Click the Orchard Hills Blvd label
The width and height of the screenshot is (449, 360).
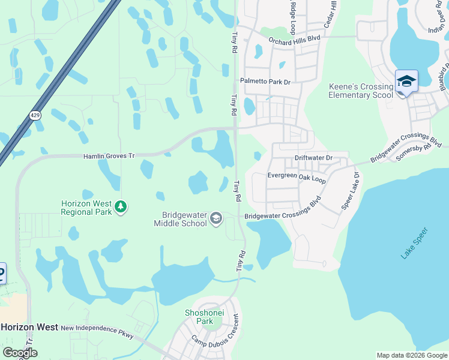(x=294, y=40)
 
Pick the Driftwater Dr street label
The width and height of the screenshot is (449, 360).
(x=313, y=158)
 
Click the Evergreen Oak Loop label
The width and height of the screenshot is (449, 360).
(x=297, y=178)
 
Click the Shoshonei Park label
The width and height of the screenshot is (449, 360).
(x=200, y=317)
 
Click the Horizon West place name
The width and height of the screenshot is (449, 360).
(x=29, y=327)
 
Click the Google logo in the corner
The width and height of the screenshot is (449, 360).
(x=19, y=353)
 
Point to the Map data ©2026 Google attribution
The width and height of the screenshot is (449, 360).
(x=412, y=355)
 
